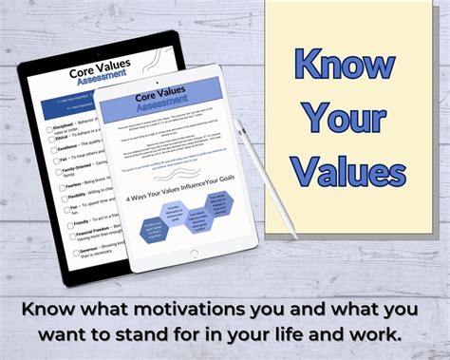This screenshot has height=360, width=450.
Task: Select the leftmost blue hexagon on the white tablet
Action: click(x=151, y=227)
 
